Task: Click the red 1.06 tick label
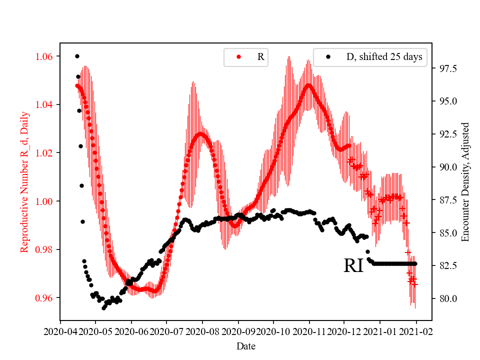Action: (45, 56)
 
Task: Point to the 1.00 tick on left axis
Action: (45, 201)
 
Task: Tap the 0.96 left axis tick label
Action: (45, 298)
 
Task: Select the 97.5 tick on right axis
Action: (441, 68)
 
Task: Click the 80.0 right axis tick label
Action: (441, 299)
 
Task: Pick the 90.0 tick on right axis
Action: (441, 167)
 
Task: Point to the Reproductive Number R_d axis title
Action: (24, 182)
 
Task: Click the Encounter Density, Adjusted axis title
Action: (465, 182)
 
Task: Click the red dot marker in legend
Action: (238, 57)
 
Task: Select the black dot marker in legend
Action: (328, 57)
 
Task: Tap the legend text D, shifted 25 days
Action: (384, 57)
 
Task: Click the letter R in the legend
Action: (260, 57)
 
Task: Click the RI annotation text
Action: (354, 266)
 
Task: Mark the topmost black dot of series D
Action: (77, 56)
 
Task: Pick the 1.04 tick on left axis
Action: (45, 104)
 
